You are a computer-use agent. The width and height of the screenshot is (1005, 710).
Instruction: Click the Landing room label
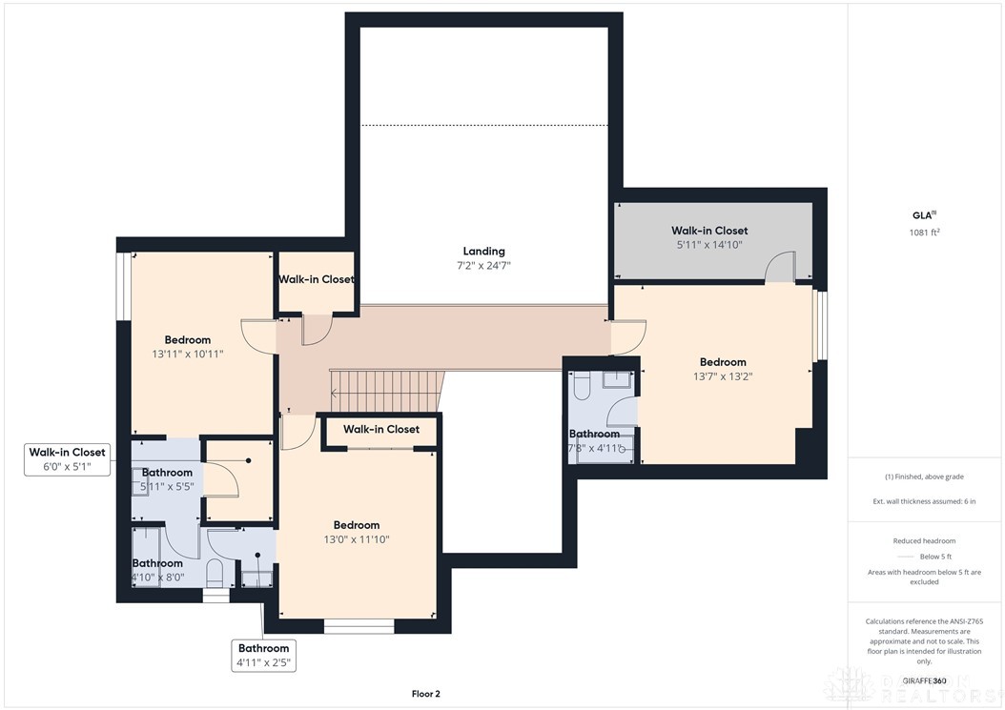click(484, 252)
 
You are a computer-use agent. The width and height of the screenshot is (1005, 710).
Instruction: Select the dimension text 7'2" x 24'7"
click(484, 266)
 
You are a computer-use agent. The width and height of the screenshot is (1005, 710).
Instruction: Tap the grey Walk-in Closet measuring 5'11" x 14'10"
click(708, 237)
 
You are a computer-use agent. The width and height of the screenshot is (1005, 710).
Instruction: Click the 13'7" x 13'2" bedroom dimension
click(723, 376)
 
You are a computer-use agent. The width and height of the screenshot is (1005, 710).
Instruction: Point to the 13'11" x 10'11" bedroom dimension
click(187, 355)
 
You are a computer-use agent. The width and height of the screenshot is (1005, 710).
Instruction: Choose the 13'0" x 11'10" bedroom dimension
click(356, 539)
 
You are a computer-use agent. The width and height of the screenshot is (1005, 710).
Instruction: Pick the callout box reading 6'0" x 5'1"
click(67, 459)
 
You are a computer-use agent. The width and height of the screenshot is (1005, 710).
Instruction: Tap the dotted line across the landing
click(483, 125)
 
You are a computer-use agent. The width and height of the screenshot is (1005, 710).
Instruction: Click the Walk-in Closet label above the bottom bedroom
click(380, 430)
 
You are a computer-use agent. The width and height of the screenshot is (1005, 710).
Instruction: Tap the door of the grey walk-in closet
click(781, 268)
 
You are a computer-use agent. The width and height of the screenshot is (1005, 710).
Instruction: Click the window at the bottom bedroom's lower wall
click(359, 626)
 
